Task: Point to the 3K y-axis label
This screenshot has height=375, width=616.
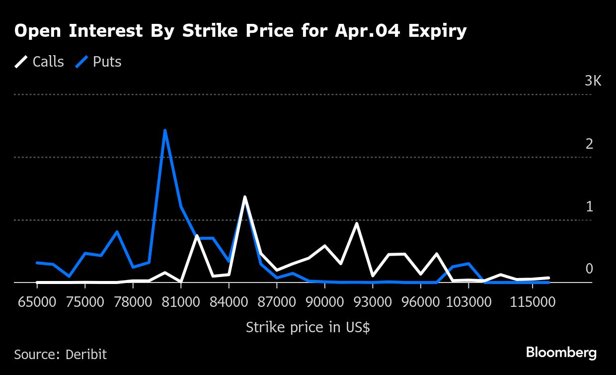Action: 593,81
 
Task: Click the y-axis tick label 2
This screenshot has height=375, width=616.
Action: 590,144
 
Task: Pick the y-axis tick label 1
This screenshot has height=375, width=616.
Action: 590,207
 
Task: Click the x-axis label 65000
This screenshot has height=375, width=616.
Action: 37,302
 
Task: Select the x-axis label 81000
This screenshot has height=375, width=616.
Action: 181,302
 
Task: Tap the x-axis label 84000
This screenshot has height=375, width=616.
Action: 229,302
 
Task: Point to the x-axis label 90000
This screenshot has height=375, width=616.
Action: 324,302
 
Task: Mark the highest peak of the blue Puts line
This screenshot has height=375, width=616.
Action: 164,130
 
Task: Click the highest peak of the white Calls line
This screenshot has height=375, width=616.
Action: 244,197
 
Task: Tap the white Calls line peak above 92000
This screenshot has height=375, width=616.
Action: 356,223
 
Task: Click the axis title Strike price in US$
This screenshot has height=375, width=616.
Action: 308,328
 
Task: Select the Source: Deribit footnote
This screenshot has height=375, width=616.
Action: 60,355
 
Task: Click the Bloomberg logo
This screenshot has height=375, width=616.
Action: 561,353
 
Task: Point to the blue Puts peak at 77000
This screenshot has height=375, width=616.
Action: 117,231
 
